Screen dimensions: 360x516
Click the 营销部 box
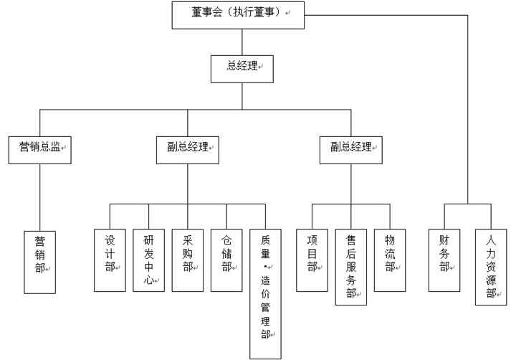click(x=39, y=262)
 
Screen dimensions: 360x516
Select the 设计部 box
click(x=110, y=260)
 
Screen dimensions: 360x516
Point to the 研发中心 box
click(x=148, y=260)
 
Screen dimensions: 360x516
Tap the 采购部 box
click(x=188, y=260)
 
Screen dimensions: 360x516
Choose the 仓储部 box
click(x=226, y=260)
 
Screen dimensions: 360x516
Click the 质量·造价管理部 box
click(x=265, y=294)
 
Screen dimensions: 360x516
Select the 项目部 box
click(x=312, y=260)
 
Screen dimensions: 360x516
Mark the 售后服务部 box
click(x=351, y=267)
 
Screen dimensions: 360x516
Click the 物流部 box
click(x=390, y=260)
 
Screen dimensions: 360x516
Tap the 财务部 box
click(x=444, y=260)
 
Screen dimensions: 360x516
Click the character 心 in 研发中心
click(x=148, y=280)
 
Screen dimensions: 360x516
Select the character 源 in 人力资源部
click(x=491, y=279)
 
